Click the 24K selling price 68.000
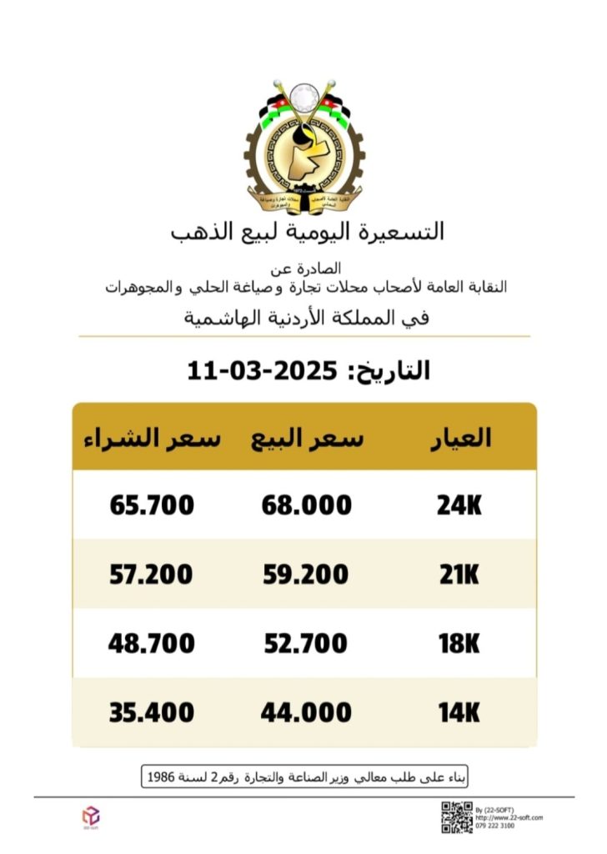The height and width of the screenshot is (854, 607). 305,505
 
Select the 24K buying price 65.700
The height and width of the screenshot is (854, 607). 152,505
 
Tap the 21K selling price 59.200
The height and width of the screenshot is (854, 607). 305,575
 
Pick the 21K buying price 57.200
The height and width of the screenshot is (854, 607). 152,575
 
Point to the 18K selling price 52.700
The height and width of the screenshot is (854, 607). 305,644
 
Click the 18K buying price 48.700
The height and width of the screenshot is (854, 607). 152,644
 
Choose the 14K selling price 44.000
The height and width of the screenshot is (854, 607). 305,713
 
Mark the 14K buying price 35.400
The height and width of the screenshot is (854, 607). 152,713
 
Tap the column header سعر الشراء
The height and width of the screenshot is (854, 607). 151,439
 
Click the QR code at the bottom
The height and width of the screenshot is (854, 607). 456,816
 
